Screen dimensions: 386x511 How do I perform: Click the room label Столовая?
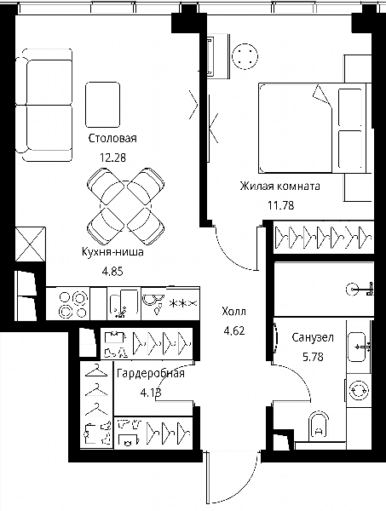(x=112, y=138)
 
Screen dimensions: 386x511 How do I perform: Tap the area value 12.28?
(x=112, y=158)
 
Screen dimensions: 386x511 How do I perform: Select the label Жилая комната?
(x=280, y=186)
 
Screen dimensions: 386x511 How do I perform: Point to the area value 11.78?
(x=280, y=205)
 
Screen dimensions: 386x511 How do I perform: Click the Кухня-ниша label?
(x=112, y=252)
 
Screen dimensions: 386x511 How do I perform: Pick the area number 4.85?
(x=112, y=271)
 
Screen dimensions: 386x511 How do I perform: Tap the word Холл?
(x=233, y=312)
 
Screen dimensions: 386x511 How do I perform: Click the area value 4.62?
(x=234, y=330)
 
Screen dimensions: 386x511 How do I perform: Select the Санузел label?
(x=313, y=337)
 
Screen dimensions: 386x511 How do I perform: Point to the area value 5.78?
(x=313, y=357)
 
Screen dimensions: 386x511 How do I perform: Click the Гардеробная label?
(x=151, y=374)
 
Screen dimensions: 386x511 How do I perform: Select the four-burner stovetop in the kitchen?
(x=73, y=304)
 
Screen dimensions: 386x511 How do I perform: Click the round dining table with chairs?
(x=126, y=206)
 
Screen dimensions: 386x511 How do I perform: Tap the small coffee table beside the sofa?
(x=103, y=105)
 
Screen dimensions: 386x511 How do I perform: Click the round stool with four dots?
(x=245, y=56)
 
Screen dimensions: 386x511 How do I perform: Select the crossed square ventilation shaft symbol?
(x=31, y=244)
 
